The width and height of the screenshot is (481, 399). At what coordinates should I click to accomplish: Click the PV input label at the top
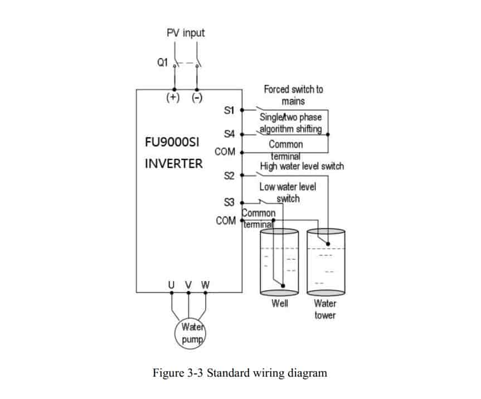point(186,33)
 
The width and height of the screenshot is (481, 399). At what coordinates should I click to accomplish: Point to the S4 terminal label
point(229,134)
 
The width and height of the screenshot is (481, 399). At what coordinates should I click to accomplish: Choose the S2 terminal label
point(229,176)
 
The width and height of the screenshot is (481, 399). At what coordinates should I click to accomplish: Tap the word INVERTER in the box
point(174,165)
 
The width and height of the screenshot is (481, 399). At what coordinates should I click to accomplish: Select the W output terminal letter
point(206,285)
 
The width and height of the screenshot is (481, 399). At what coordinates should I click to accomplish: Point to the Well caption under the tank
point(280,304)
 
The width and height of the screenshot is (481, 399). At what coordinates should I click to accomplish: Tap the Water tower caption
point(325,310)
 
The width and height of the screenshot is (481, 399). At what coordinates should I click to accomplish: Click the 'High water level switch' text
point(302,166)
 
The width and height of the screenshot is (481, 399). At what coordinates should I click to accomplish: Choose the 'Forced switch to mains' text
point(293,95)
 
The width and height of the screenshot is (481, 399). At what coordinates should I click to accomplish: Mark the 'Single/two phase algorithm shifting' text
point(290,123)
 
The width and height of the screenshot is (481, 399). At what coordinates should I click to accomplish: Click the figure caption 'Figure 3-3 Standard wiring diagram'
point(240,373)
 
